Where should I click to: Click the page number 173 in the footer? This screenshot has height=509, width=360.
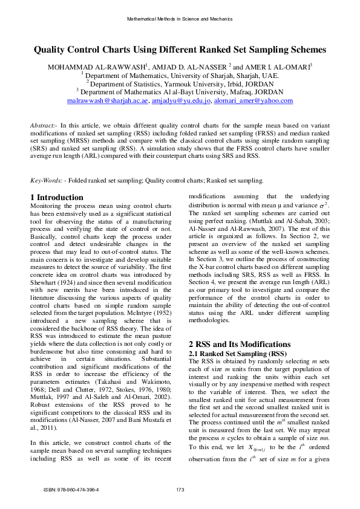pos(180,490)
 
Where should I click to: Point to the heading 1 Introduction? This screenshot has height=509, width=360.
pos(57,198)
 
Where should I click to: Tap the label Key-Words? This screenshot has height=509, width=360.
pos(46,181)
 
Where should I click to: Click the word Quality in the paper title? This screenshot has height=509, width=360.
pos(50,51)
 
